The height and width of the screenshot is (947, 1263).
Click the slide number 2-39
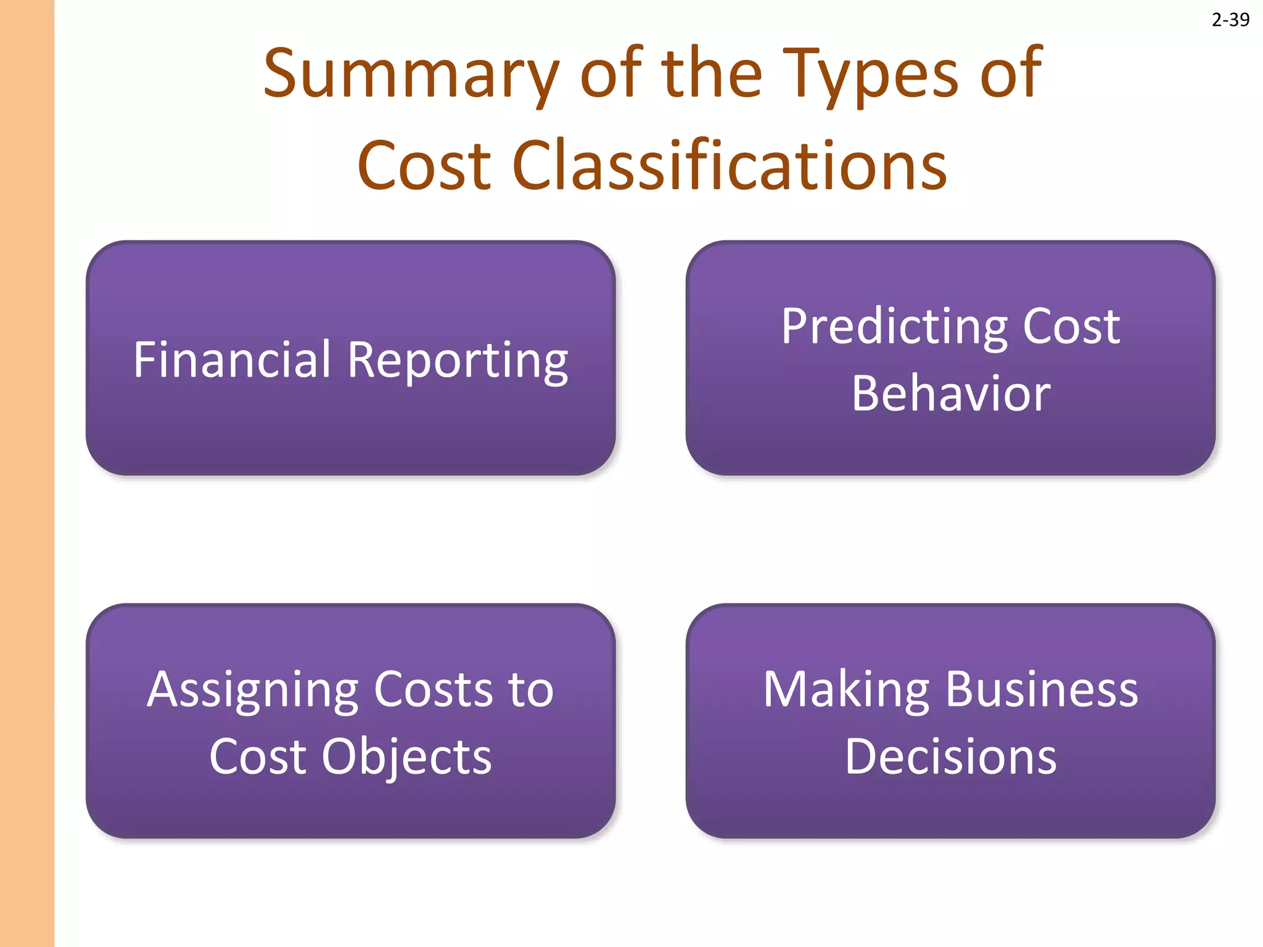click(1230, 20)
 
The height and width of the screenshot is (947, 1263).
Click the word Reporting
click(458, 361)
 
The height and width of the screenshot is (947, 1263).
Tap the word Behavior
click(950, 393)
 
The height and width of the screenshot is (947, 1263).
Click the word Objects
click(406, 757)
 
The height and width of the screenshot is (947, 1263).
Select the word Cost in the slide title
click(424, 165)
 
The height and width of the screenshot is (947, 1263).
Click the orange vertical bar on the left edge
click(27, 473)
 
